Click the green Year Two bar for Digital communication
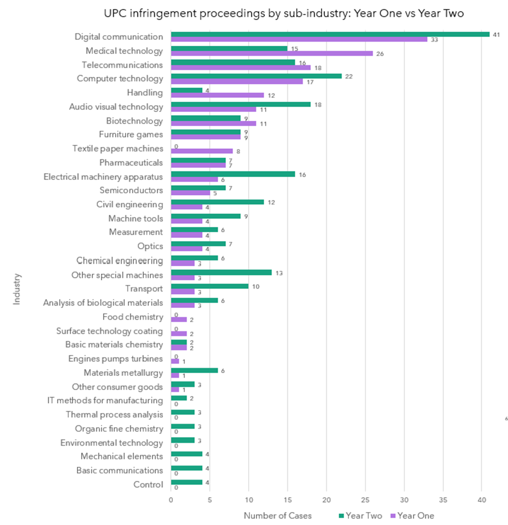(x=330, y=34)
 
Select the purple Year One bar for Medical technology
(x=272, y=54)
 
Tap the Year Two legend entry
(x=360, y=516)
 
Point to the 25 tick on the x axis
(x=365, y=500)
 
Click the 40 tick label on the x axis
(x=482, y=500)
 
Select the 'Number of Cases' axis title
(x=277, y=516)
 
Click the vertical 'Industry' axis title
(x=17, y=289)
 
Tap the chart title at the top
(x=284, y=13)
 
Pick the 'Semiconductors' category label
(x=131, y=190)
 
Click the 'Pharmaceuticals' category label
(x=131, y=163)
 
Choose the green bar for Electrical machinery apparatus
(x=233, y=174)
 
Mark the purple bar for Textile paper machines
(x=202, y=151)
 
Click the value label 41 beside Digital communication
(x=496, y=35)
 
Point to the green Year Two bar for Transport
(x=209, y=286)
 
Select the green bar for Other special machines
(x=221, y=273)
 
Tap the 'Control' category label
(x=148, y=484)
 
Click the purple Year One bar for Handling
(x=217, y=95)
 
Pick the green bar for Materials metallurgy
(x=194, y=370)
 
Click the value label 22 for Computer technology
(x=349, y=77)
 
